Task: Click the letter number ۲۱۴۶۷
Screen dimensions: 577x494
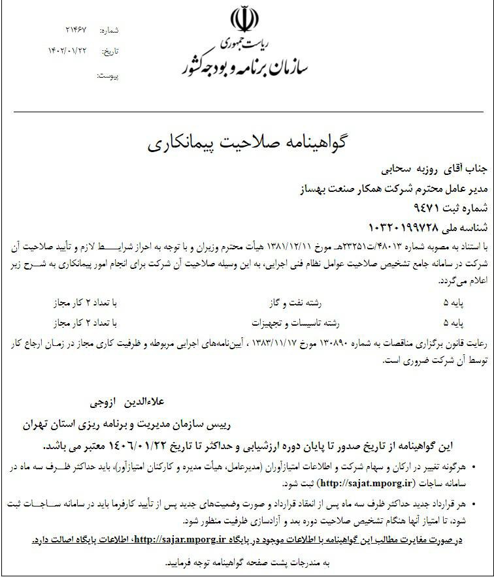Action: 76,31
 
